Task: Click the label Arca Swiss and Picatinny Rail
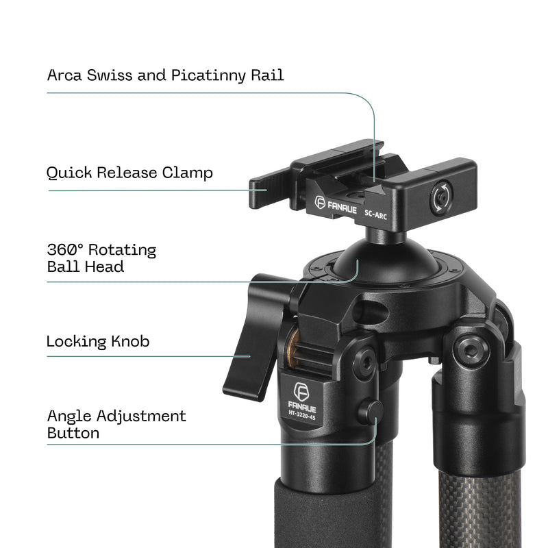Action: point(165,75)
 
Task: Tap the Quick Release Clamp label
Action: point(129,173)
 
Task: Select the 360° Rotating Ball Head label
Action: point(101,258)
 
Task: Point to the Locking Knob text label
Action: point(98,341)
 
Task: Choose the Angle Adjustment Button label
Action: point(116,424)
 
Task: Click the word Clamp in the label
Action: point(187,173)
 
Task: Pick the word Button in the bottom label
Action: point(73,433)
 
